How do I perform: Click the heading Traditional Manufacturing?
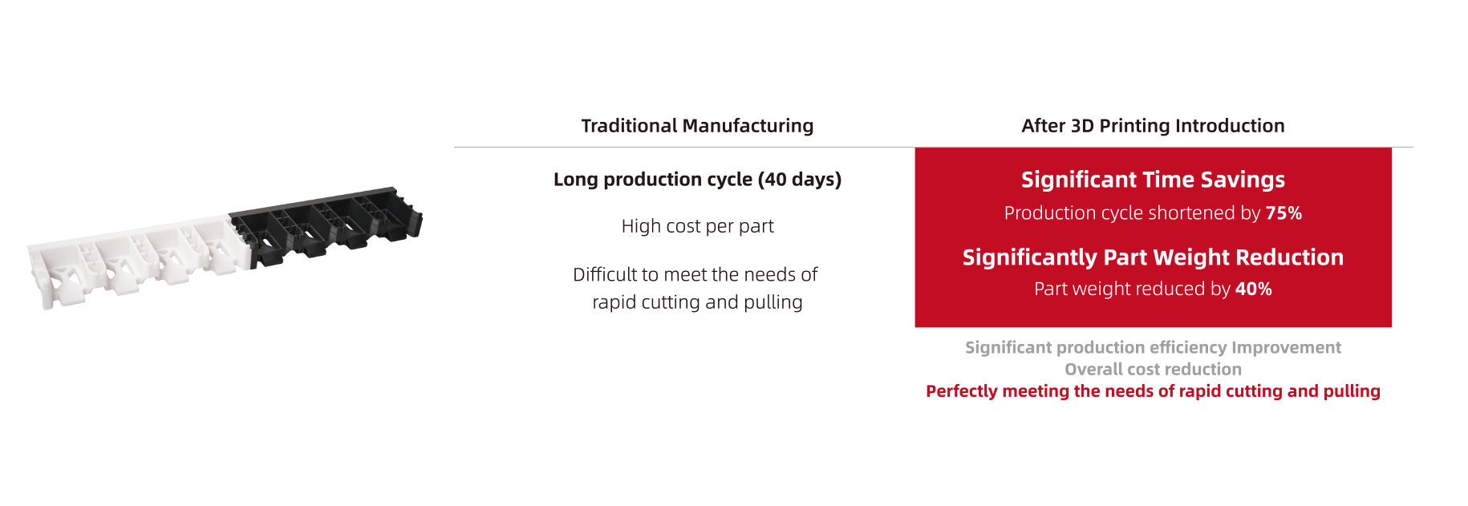pyautogui.click(x=697, y=126)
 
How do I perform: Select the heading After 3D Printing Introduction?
pyautogui.click(x=1153, y=126)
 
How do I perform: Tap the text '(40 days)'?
pyautogui.click(x=799, y=180)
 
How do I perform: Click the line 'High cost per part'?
pyautogui.click(x=697, y=226)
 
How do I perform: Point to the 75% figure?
pyautogui.click(x=1283, y=213)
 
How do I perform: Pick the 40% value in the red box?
pyautogui.click(x=1253, y=289)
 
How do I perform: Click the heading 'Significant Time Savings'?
pyautogui.click(x=1153, y=180)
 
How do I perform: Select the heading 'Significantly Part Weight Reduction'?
pyautogui.click(x=1153, y=257)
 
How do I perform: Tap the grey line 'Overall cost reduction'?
pyautogui.click(x=1153, y=370)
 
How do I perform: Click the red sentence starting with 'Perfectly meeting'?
pyautogui.click(x=1153, y=391)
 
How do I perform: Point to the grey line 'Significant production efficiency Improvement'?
pyautogui.click(x=1153, y=348)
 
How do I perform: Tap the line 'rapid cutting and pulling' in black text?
pyautogui.click(x=697, y=302)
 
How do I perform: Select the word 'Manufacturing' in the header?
pyautogui.click(x=748, y=126)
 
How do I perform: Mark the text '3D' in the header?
pyautogui.click(x=1082, y=126)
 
